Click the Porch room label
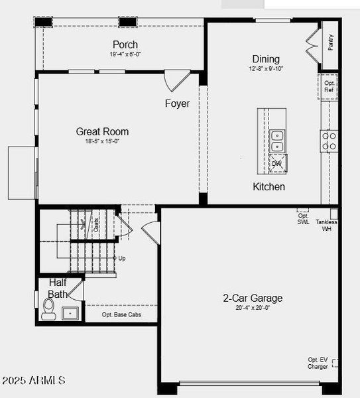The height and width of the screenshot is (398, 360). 125,44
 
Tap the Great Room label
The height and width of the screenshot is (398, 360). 102,131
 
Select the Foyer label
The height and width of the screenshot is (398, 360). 177,103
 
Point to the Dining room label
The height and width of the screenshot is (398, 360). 266,59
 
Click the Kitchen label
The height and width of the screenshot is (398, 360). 269,186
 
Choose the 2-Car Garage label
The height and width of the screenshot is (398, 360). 252,298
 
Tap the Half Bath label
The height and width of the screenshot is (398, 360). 58,288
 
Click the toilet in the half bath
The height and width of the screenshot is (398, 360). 48,308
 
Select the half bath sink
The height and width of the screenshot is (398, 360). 70,312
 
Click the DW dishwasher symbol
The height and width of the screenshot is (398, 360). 278,163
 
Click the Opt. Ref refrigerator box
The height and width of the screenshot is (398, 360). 329,87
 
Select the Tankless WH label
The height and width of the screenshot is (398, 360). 326,226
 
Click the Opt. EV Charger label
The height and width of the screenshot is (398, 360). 318,363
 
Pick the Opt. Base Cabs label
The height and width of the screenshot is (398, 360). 121,314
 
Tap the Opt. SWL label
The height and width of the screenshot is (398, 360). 303,219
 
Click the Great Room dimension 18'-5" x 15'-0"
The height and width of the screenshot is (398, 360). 102,141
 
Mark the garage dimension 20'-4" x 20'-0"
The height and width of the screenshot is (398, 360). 252,307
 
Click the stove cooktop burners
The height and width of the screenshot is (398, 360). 330,141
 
